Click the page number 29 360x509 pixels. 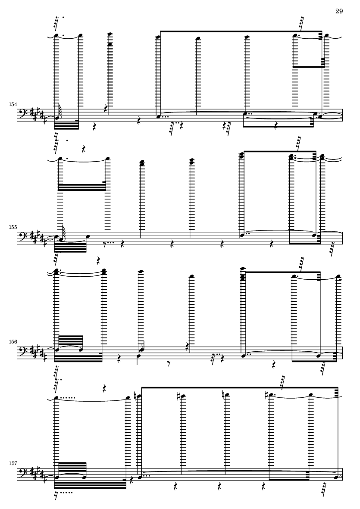(339, 11)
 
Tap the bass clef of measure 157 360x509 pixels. (22, 474)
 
